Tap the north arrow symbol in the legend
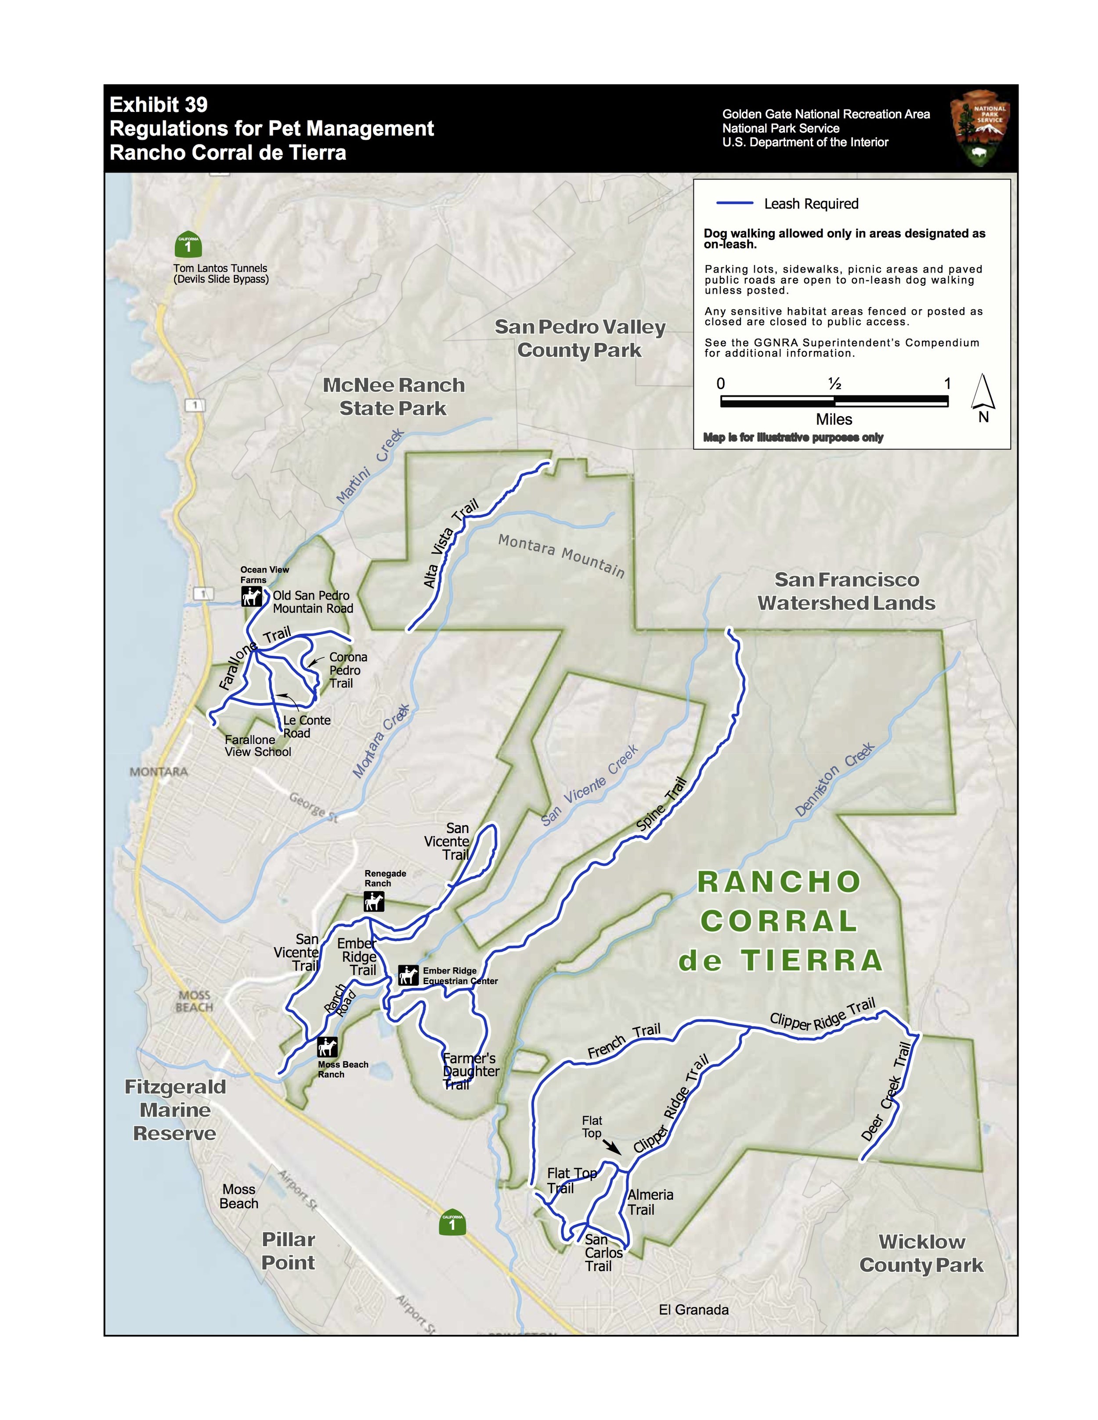coord(983,393)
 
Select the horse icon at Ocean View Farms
coord(251,596)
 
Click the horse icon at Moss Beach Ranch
coord(327,1047)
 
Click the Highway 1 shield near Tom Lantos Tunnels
coord(188,244)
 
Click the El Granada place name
coord(693,1309)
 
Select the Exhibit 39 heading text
coord(158,104)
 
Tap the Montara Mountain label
coord(561,556)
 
